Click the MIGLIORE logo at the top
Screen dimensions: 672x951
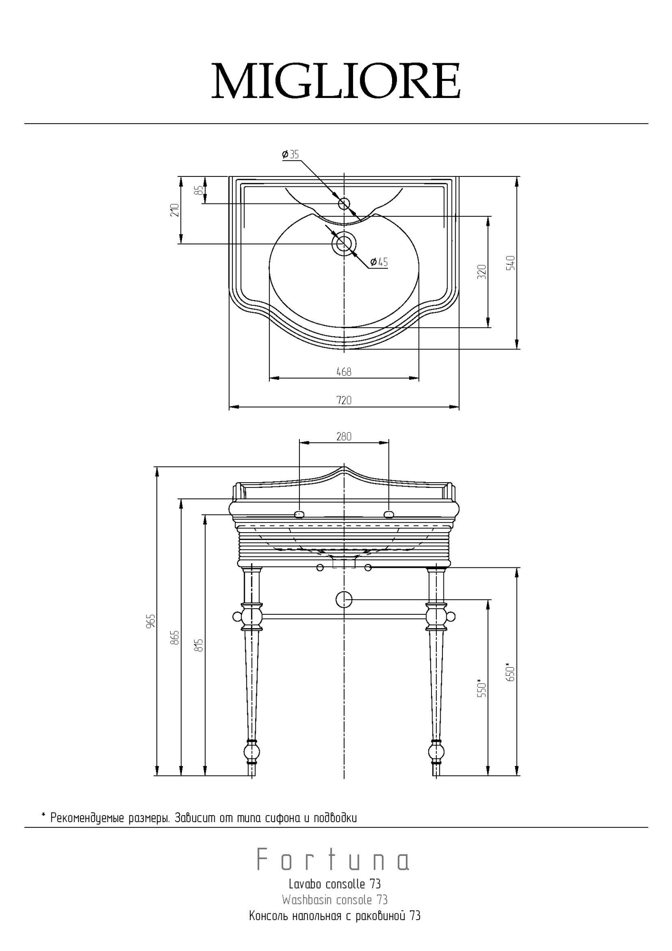(336, 80)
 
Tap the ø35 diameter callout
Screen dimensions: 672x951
(290, 155)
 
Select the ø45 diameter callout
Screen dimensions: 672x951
(379, 262)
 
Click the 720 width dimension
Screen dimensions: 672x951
(344, 400)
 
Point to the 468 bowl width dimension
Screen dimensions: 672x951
(344, 372)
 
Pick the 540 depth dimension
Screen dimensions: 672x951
(510, 263)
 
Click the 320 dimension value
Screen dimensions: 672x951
(482, 272)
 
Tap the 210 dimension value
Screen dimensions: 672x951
(175, 210)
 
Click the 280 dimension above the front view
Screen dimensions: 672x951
(344, 436)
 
